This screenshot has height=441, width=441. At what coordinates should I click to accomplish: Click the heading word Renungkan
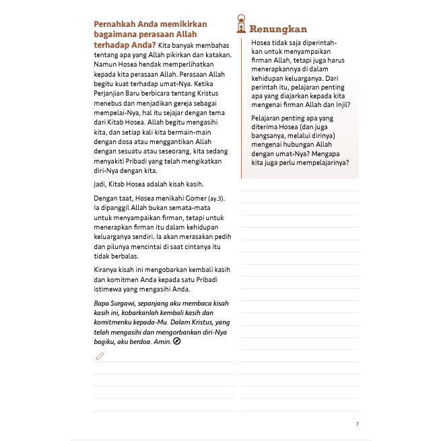pyautogui.click(x=278, y=29)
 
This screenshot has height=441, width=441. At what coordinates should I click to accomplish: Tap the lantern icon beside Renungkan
pyautogui.click(x=240, y=25)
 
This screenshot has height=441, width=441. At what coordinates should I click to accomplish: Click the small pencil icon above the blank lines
pyautogui.click(x=100, y=356)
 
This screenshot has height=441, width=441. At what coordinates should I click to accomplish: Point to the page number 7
pyautogui.click(x=357, y=424)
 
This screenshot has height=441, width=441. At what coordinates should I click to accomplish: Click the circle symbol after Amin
pyautogui.click(x=177, y=342)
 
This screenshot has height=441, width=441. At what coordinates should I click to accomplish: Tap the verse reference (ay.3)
pyautogui.click(x=215, y=198)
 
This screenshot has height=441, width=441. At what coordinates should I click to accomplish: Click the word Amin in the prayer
pyautogui.click(x=162, y=342)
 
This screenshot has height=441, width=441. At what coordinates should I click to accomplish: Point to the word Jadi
pyautogui.click(x=102, y=184)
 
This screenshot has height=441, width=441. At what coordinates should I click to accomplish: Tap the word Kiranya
pyautogui.click(x=108, y=269)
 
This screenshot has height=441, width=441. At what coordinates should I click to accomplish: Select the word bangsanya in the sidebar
pyautogui.click(x=268, y=136)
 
